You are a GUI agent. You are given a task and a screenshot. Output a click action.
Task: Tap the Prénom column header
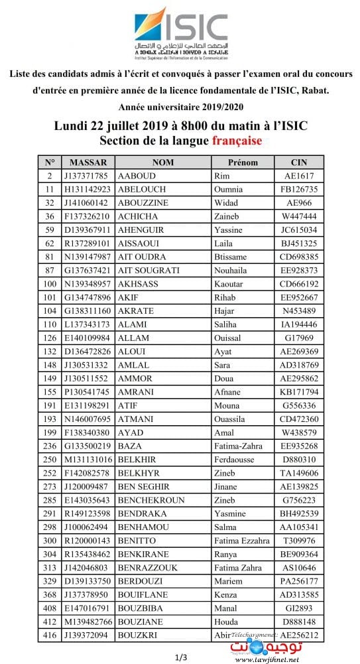[x=243, y=163]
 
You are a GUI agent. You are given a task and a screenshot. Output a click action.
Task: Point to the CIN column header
[x=300, y=163]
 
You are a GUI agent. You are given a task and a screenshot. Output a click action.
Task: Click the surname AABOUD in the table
[x=136, y=176]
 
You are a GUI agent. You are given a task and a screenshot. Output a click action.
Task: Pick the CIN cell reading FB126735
[x=300, y=189]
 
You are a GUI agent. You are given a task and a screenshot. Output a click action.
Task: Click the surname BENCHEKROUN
[x=150, y=499]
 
